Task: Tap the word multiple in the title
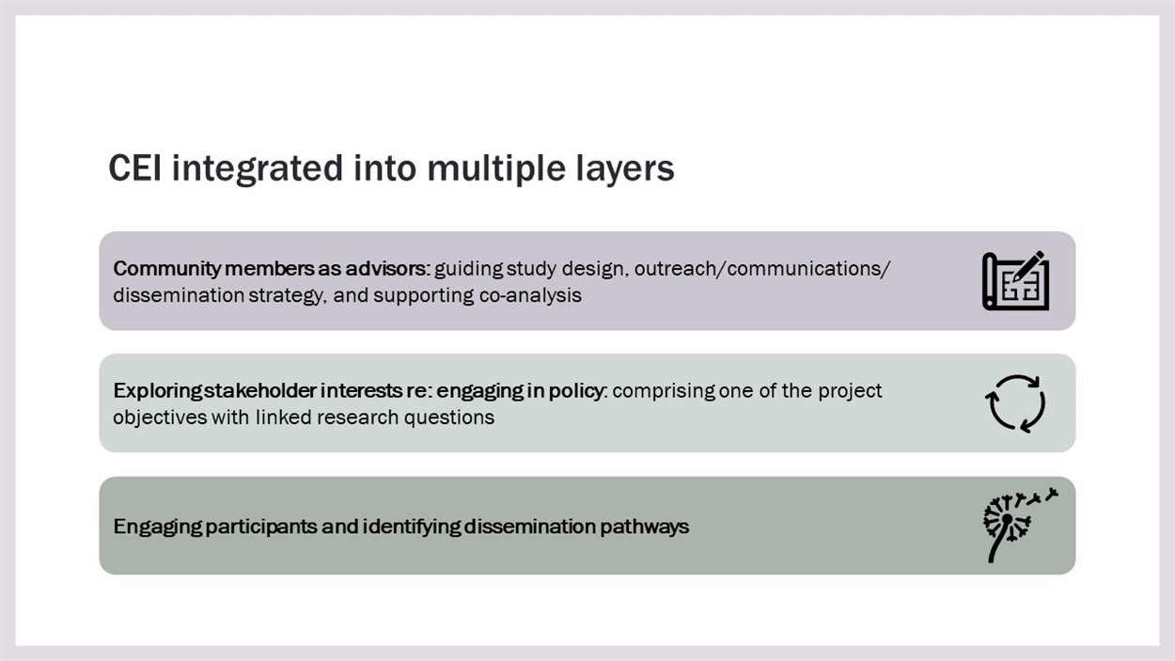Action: pyautogui.click(x=496, y=169)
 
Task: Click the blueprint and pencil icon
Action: pyautogui.click(x=1015, y=280)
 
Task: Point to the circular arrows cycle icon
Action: pyautogui.click(x=1015, y=402)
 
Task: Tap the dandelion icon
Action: pyautogui.click(x=1020, y=525)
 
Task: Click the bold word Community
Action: pyautogui.click(x=166, y=269)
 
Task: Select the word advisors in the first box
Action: pyautogui.click(x=387, y=269)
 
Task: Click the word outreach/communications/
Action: pyautogui.click(x=762, y=269)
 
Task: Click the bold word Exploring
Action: pyautogui.click(x=157, y=391)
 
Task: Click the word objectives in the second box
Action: pyautogui.click(x=160, y=418)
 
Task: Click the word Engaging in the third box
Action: pyautogui.click(x=157, y=527)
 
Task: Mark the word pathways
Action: pyautogui.click(x=644, y=527)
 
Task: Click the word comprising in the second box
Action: pyautogui.click(x=664, y=391)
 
